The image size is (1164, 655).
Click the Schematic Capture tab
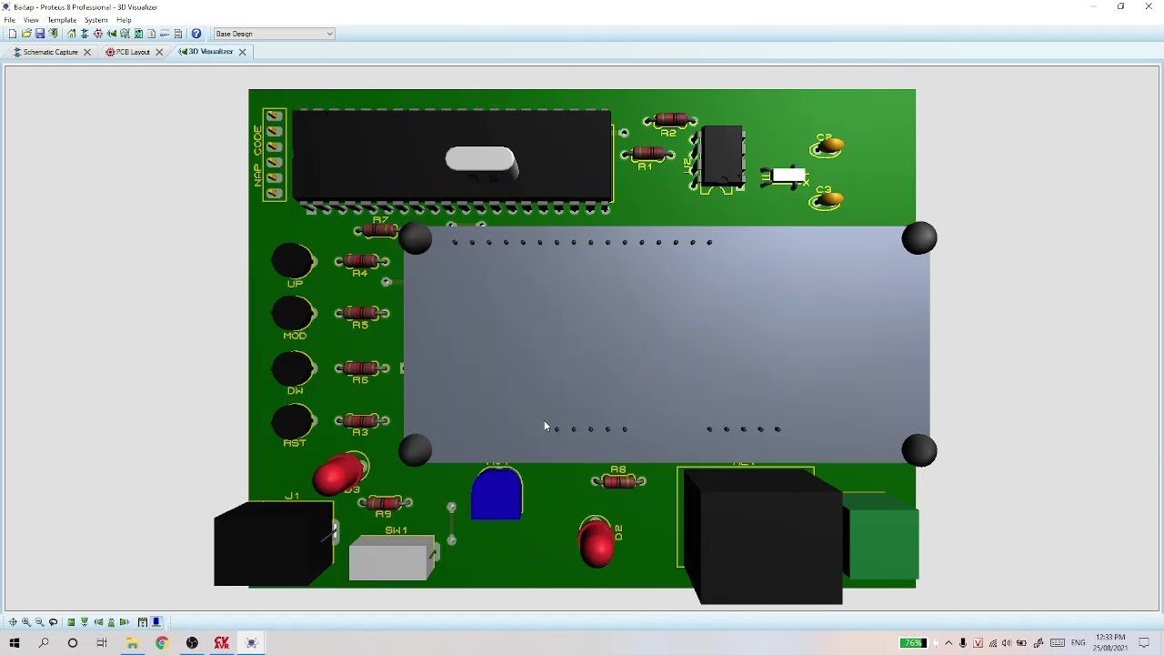point(50,52)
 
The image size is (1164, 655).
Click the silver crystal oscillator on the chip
point(480,159)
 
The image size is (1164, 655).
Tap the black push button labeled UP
point(293,261)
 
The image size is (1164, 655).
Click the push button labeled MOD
point(293,313)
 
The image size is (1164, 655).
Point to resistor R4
point(361,261)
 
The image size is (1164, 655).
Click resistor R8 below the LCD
point(618,481)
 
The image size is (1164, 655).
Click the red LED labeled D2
point(597,543)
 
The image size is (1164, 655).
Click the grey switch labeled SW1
point(391,559)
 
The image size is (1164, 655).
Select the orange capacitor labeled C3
point(828,199)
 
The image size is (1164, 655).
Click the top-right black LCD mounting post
point(918,238)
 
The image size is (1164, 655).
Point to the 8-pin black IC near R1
point(722,156)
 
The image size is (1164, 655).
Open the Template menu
point(62,20)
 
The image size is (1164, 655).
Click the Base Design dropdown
point(274,34)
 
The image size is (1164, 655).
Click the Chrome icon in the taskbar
point(162,643)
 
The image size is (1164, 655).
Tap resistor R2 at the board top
point(670,119)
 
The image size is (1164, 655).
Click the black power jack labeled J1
point(273,543)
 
